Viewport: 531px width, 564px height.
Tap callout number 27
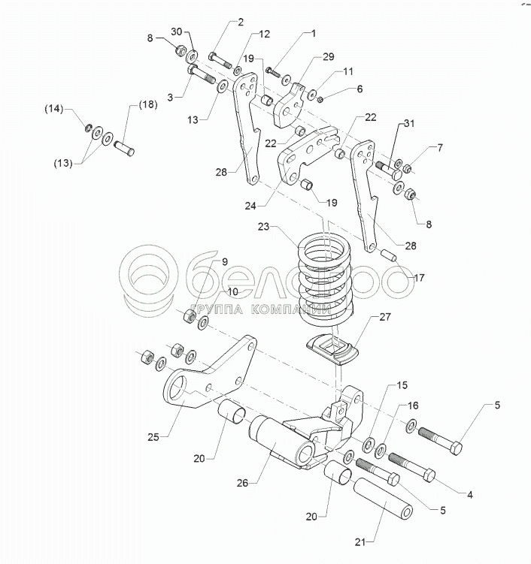(384, 318)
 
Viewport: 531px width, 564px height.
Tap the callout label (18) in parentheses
(147, 104)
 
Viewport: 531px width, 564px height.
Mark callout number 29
(329, 57)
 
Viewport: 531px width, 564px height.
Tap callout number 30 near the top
(176, 32)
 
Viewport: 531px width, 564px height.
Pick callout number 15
(402, 385)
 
